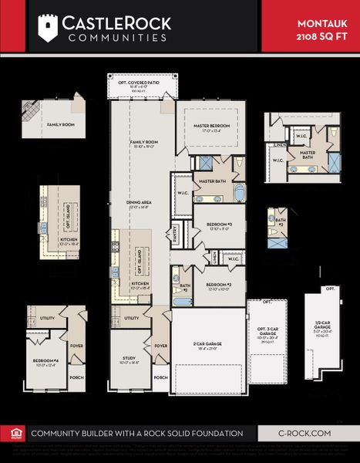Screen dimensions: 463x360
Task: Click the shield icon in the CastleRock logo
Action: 48,27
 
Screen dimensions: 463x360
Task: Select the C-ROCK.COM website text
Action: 305,434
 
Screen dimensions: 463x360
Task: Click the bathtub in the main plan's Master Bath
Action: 239,192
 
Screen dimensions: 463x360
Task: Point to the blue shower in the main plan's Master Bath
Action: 206,163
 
